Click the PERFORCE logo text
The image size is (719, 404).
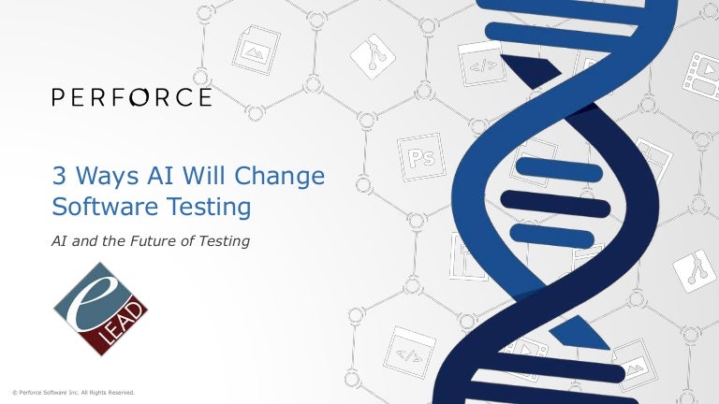132,97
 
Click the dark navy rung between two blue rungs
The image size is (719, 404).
543,198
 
